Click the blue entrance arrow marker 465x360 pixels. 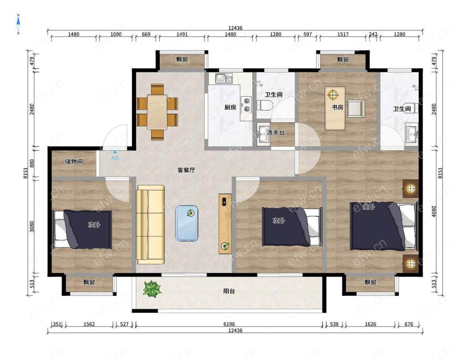pyautogui.click(x=115, y=152)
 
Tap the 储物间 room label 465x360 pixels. pyautogui.click(x=74, y=162)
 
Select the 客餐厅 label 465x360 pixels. pyautogui.click(x=186, y=170)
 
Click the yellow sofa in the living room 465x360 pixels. pyautogui.click(x=150, y=224)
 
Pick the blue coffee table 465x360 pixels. pyautogui.click(x=186, y=223)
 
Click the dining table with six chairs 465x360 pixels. pyautogui.click(x=157, y=111)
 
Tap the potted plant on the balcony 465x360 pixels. pyautogui.click(x=152, y=289)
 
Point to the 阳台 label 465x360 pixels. pyautogui.click(x=229, y=291)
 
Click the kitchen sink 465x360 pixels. pyautogui.click(x=224, y=79)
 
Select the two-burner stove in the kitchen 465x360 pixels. pyautogui.click(x=246, y=105)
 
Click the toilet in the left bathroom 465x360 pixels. pyautogui.click(x=265, y=105)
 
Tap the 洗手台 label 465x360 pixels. pyautogui.click(x=275, y=132)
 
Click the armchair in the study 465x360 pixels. pyautogui.click(x=355, y=108)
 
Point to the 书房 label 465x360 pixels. pyautogui.click(x=338, y=107)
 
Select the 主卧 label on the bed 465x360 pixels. pyautogui.click(x=369, y=207)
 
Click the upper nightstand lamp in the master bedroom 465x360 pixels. pyautogui.click(x=411, y=188)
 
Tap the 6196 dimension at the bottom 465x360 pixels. pyautogui.click(x=229, y=324)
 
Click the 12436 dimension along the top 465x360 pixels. pyautogui.click(x=235, y=28)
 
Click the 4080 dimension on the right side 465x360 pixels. pyautogui.click(x=434, y=211)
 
